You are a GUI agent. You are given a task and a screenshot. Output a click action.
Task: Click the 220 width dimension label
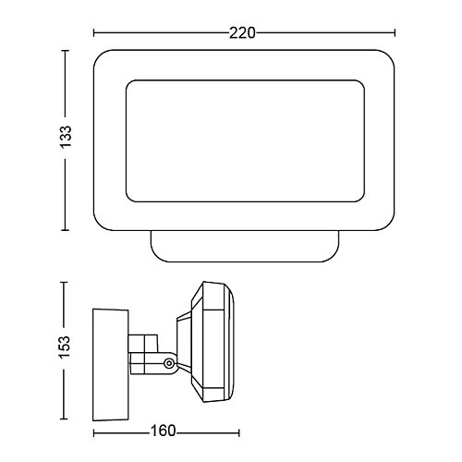(242, 33)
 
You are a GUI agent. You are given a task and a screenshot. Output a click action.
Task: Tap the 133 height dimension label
(66, 137)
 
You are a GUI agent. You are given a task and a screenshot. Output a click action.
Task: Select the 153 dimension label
(65, 347)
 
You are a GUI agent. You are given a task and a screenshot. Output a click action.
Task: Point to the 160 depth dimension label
(163, 431)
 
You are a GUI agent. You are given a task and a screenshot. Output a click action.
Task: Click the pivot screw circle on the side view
(168, 363)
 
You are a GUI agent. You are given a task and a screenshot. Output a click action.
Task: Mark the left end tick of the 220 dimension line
(94, 32)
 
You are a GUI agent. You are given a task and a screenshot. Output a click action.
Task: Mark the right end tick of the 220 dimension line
(395, 32)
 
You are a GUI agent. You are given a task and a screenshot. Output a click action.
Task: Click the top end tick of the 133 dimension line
(65, 50)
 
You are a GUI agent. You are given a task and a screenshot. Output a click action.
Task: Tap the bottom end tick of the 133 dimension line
(65, 230)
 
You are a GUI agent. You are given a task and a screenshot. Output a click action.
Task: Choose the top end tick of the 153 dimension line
(64, 282)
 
